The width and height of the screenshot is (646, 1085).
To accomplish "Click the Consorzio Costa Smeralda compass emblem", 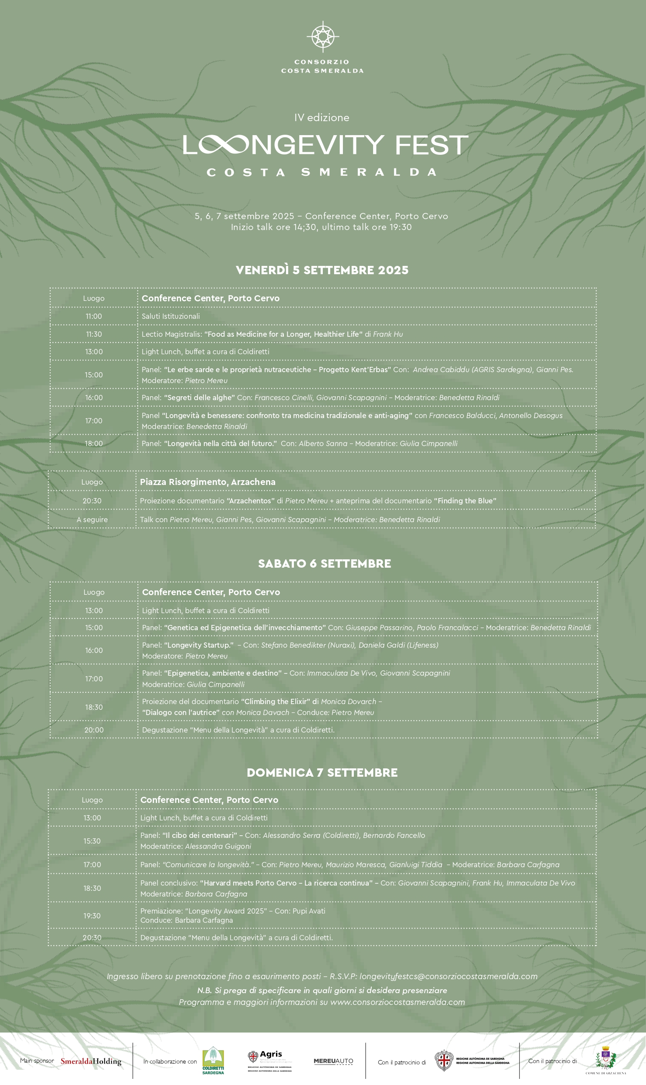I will (x=323, y=36).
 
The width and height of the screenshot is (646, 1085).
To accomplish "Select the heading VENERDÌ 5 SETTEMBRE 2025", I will (x=322, y=270).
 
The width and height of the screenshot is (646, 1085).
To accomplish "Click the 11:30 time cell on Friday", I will (x=94, y=334).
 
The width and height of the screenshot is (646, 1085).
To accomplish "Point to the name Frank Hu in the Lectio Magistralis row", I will (x=388, y=334).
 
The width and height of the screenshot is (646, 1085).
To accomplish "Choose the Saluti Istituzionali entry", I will (x=171, y=316).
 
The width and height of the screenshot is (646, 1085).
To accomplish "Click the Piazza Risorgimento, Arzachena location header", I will (x=208, y=482).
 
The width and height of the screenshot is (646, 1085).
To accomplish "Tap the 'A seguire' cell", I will (x=92, y=520).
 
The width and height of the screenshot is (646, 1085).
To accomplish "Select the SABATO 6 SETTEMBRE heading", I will (x=324, y=563).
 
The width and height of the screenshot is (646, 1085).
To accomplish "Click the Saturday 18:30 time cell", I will (x=94, y=707).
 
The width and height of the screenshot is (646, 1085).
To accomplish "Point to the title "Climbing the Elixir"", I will (x=276, y=701).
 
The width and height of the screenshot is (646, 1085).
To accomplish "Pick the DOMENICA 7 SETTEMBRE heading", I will (x=322, y=772).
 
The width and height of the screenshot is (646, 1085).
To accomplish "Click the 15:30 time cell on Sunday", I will (x=92, y=841).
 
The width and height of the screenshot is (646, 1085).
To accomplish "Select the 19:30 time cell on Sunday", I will (x=92, y=916).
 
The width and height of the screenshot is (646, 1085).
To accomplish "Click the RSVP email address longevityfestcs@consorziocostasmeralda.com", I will (x=448, y=977).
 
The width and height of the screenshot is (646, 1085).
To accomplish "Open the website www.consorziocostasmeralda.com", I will (x=397, y=1002).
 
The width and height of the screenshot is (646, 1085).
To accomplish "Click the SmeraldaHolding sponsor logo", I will (x=91, y=1061).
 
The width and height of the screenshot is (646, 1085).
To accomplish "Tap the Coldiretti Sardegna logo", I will (x=213, y=1061).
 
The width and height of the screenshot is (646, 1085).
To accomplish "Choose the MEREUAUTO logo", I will (x=333, y=1061).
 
